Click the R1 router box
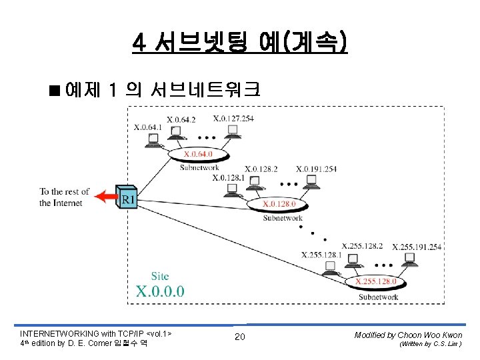click(x=127, y=197)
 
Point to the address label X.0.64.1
click(x=148, y=127)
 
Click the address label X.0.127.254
click(x=233, y=119)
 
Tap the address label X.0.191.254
click(x=316, y=169)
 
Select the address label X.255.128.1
click(x=321, y=255)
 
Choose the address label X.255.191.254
click(x=417, y=247)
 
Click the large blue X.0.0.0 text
click(x=160, y=291)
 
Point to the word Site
click(x=160, y=276)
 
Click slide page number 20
click(x=239, y=337)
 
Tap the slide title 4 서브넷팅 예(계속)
click(x=240, y=43)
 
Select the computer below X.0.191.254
click(x=311, y=181)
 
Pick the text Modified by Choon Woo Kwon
click(x=408, y=335)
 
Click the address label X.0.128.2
click(x=261, y=169)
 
